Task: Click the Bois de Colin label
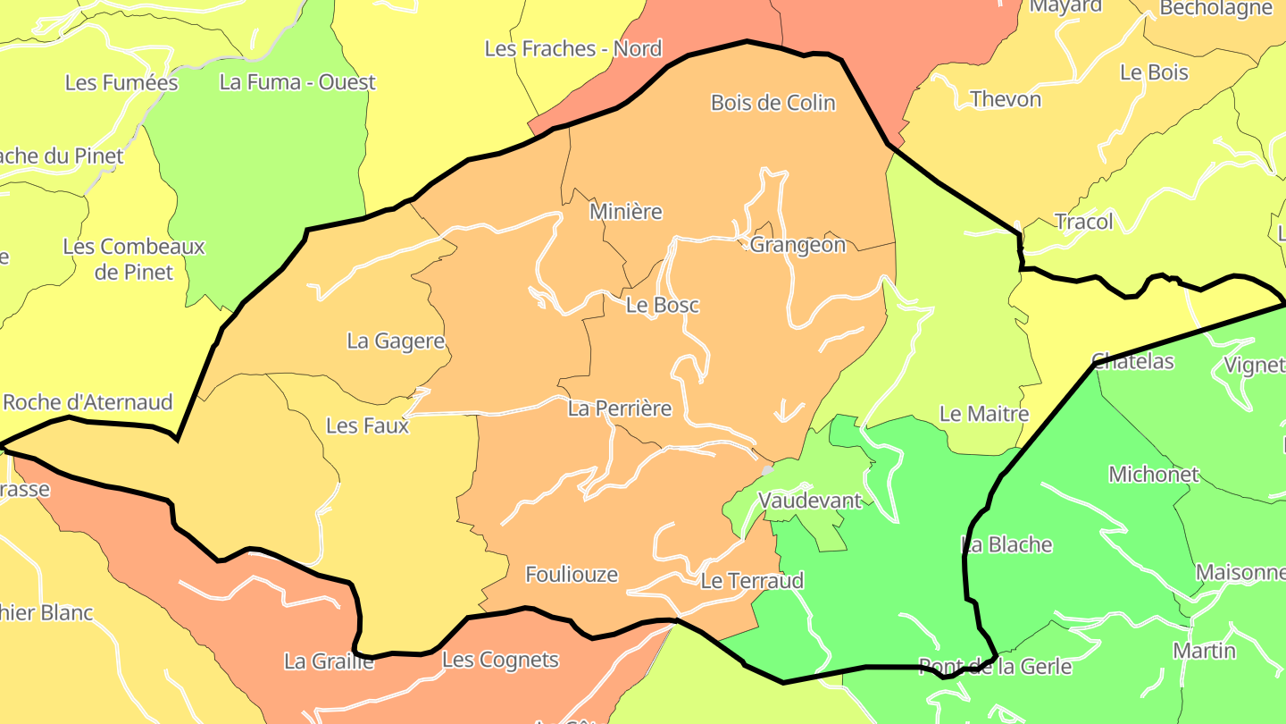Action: pos(772,103)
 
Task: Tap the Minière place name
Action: pos(626,212)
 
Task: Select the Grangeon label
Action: pos(797,245)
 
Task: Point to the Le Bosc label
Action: pos(662,305)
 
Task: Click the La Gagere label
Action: pos(396,341)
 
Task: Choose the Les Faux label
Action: pos(367,425)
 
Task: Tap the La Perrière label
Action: pos(620,409)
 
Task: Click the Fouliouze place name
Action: pos(572,575)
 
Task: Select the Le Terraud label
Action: pos(752,581)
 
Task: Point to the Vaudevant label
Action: pos(810,501)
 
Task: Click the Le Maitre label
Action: pos(984,414)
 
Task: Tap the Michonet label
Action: pos(1154,475)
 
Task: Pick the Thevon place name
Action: pos(1006,99)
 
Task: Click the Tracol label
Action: pos(1084,222)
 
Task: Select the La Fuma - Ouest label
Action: pos(297,82)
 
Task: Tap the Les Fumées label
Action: pos(121,83)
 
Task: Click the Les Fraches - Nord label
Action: pos(573,49)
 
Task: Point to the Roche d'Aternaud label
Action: pos(88,402)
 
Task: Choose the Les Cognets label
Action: pos(500,661)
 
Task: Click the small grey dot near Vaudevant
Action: pos(767,470)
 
